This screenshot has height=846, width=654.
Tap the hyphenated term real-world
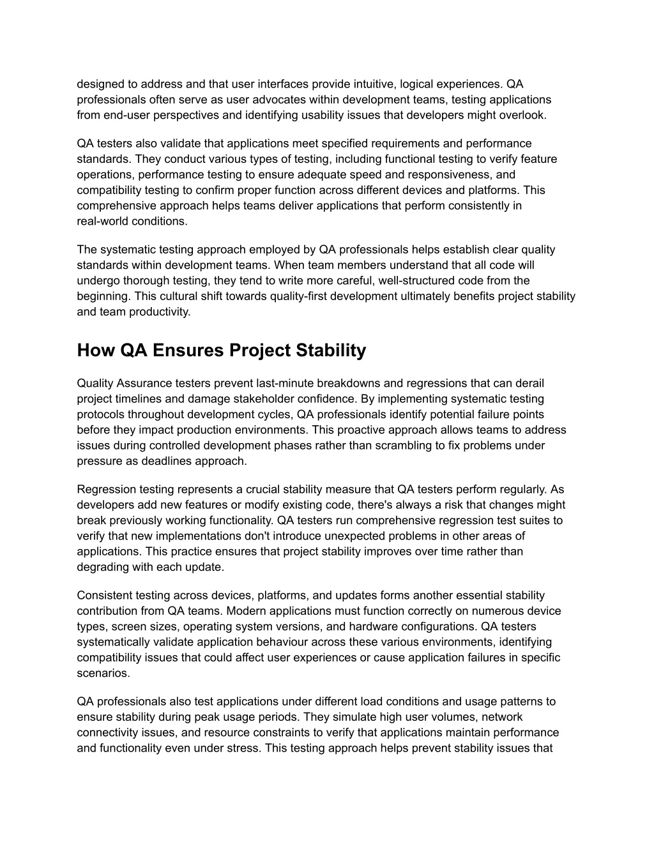[103, 221]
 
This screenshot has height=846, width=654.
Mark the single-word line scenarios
[103, 673]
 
